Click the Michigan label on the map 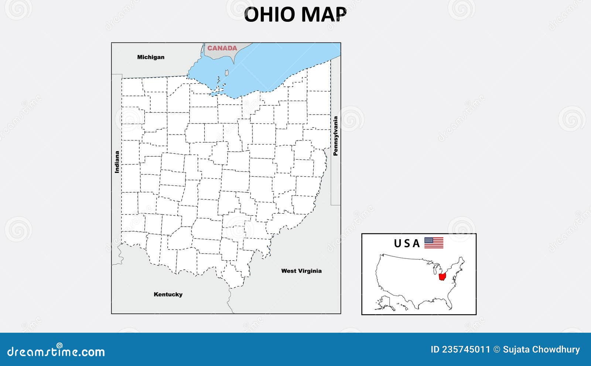[x=151, y=57]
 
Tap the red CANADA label [x=222, y=48]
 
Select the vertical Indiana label [x=117, y=162]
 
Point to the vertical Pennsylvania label [x=335, y=136]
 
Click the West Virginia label [x=301, y=271]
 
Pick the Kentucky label [x=168, y=295]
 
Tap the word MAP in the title [x=324, y=15]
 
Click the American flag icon [x=434, y=243]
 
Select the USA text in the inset [x=407, y=243]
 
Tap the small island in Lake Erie [x=227, y=73]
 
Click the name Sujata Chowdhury [x=541, y=349]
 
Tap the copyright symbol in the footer [x=496, y=349]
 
